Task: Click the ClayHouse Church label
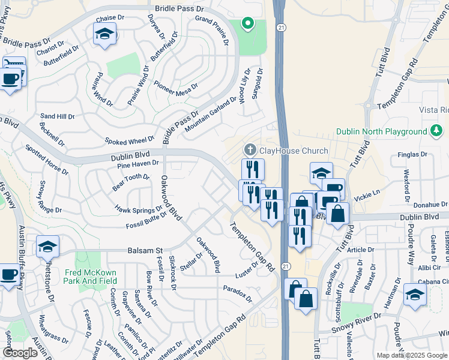coord(294,151)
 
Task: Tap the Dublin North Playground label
coord(381,131)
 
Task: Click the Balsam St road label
coord(145,250)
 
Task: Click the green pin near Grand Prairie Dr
coord(247,24)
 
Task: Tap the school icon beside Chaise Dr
coord(104,35)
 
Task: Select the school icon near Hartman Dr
coord(414,295)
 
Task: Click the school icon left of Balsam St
coord(48,247)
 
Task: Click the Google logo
coord(20,352)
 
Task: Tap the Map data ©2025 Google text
coord(412,355)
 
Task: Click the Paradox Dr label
coord(237,293)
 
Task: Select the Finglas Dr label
coord(412,155)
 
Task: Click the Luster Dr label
coord(248,269)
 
